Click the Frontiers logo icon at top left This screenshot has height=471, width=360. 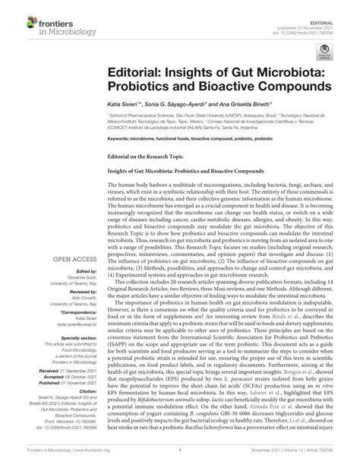(16, 13)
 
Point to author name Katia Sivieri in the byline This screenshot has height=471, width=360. (122, 103)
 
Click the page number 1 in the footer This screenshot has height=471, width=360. (180, 463)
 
